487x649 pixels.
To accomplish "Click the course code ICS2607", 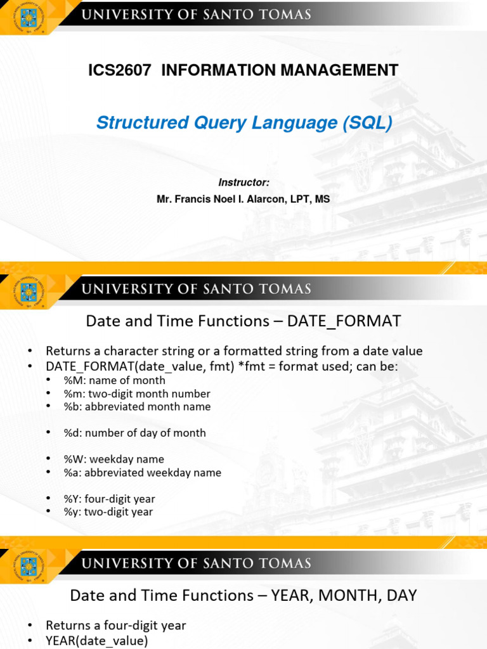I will [x=120, y=70].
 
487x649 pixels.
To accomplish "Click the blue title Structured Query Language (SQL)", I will [x=244, y=122].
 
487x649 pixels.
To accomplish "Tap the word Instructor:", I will [x=244, y=183].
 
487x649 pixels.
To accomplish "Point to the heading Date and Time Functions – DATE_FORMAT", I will [x=243, y=321].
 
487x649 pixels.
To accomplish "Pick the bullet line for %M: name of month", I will [x=114, y=380].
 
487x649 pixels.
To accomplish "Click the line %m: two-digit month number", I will [x=137, y=394].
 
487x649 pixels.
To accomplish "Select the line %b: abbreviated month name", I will [x=137, y=407].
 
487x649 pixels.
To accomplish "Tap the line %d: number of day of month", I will [x=134, y=433].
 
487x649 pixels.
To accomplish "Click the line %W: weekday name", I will [x=114, y=459].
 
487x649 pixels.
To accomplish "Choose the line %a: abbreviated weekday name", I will [x=142, y=472].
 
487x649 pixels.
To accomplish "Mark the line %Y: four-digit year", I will [x=109, y=499].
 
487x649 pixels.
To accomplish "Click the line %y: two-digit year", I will [x=108, y=511].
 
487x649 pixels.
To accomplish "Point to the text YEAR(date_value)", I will [x=96, y=641].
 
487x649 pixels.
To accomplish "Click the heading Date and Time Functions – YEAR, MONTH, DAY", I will [x=243, y=595].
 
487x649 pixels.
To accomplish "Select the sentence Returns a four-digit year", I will [x=115, y=625].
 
